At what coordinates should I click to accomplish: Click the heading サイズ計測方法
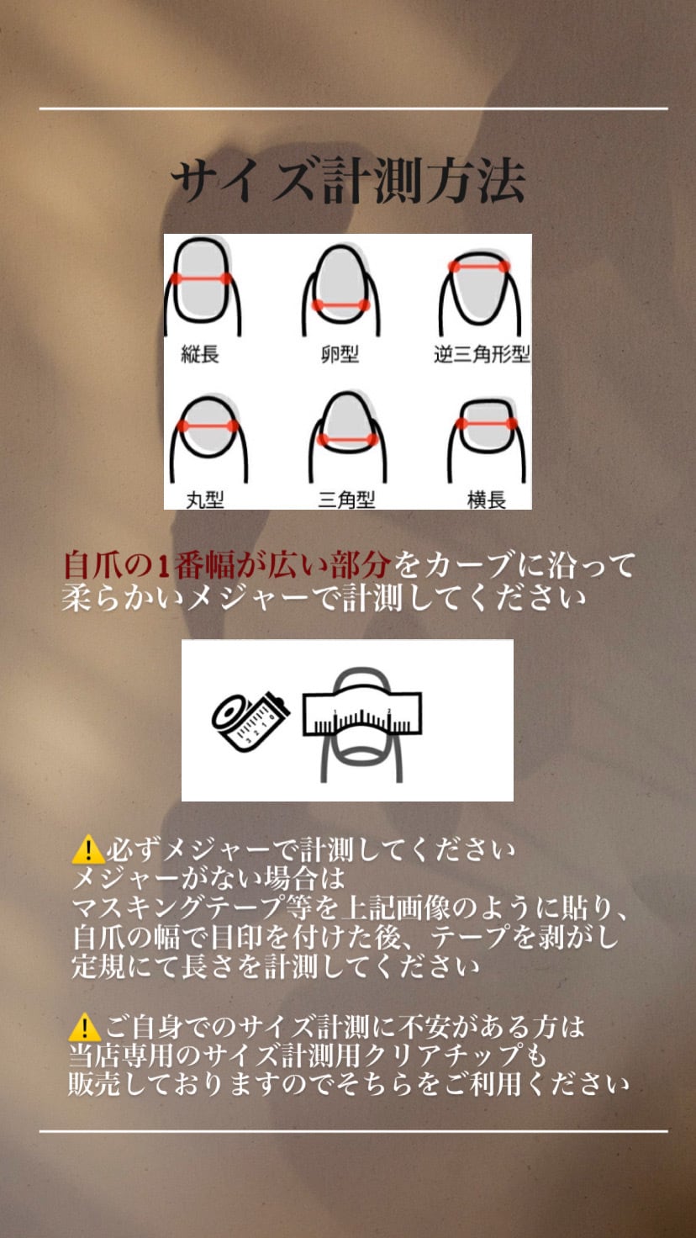pos(347,180)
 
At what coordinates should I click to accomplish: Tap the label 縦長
pos(200,354)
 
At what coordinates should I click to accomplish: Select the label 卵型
pos(340,354)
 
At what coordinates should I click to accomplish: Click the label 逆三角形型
pos(482,354)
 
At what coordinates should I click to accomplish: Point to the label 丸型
pos(204,499)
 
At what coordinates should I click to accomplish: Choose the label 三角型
pos(346,499)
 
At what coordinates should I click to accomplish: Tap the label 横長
pos(486,499)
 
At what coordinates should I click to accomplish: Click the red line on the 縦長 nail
pos(201,278)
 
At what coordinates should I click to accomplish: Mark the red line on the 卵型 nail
pos(340,305)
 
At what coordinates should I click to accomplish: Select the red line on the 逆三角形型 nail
pos(479,267)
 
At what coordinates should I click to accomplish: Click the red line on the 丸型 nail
pos(208,426)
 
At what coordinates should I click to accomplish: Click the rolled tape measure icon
pos(250,720)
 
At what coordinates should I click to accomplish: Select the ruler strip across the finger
pos(362,713)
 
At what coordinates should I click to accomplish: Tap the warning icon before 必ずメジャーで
pos(88,850)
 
